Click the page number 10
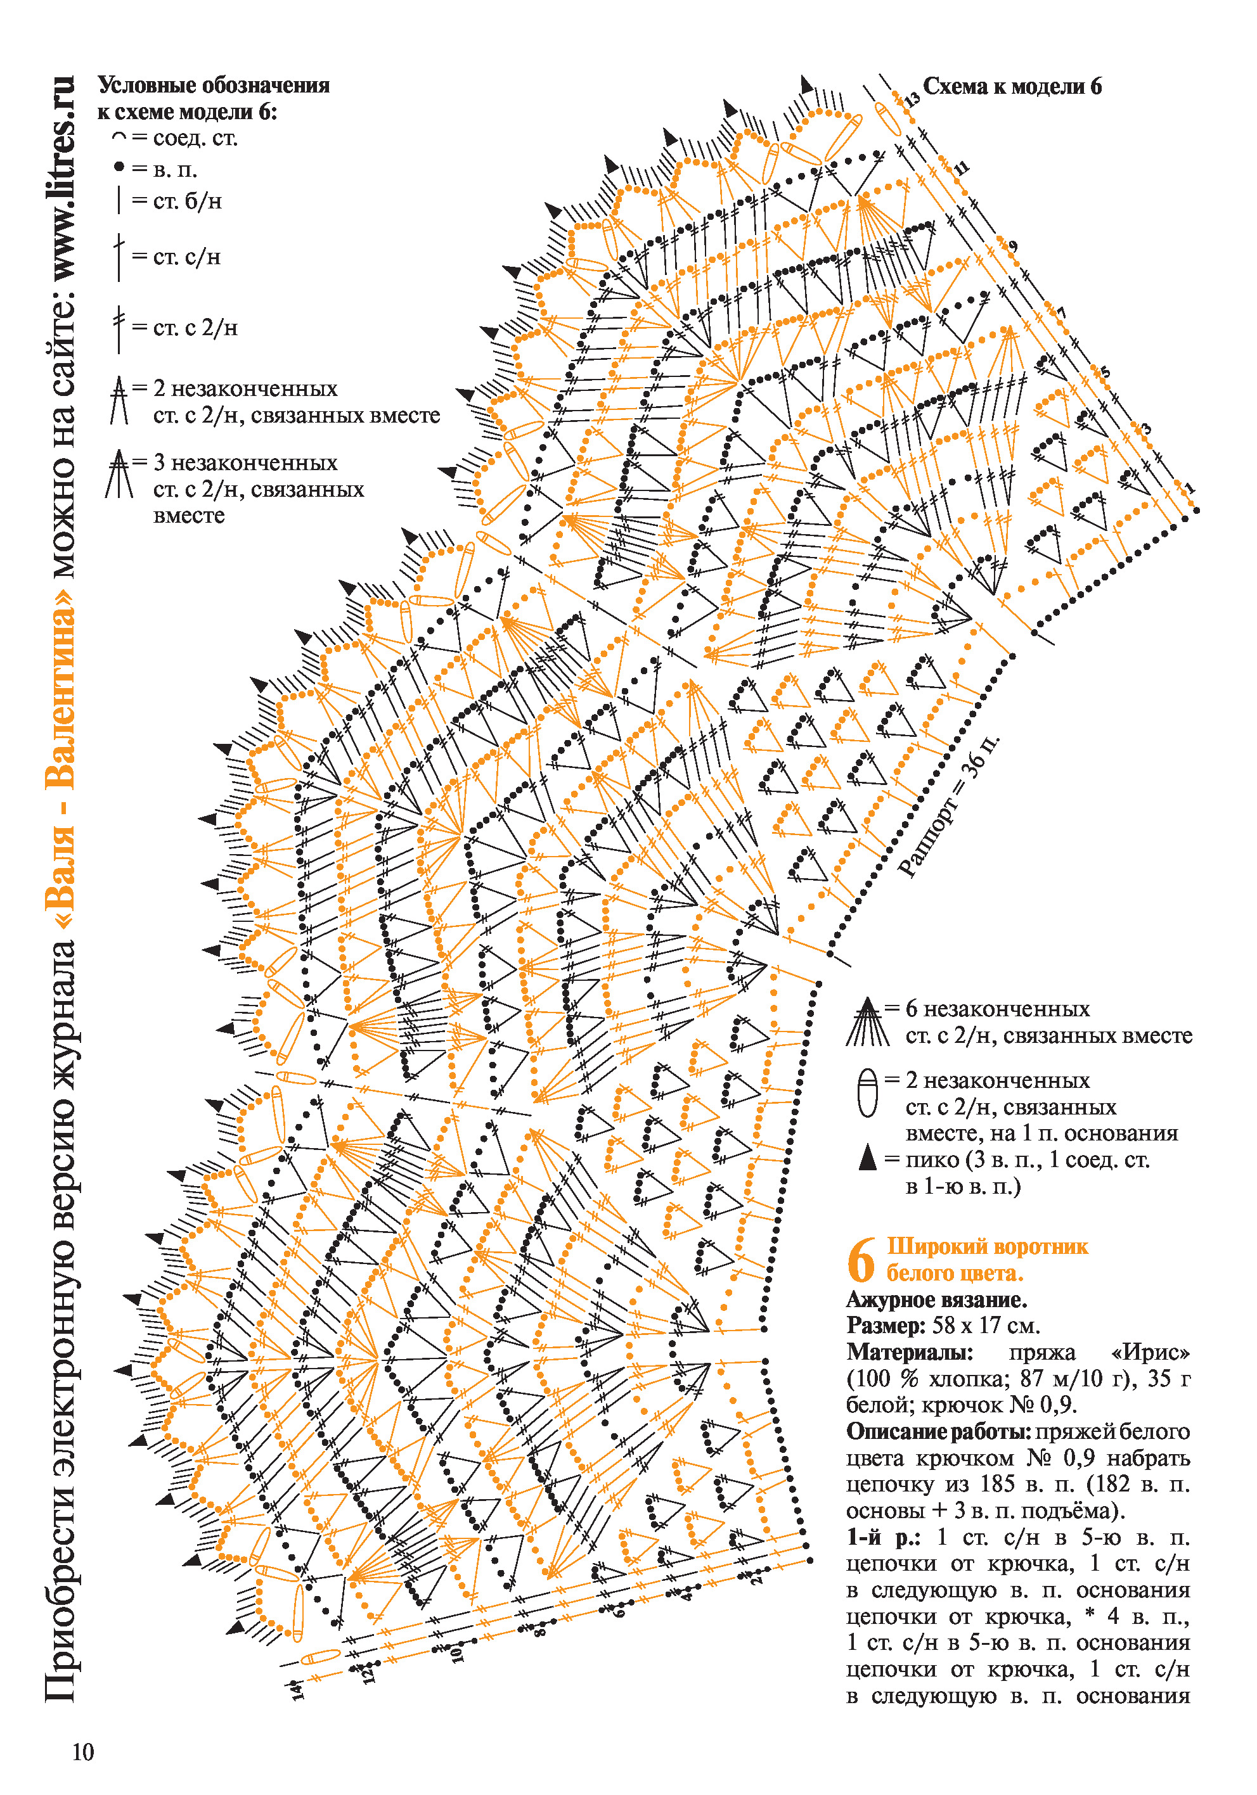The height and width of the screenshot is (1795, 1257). click(x=83, y=1752)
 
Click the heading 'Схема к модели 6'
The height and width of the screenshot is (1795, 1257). click(x=1012, y=87)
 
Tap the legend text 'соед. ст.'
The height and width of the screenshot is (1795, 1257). click(x=195, y=138)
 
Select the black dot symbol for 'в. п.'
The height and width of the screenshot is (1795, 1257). click(x=119, y=167)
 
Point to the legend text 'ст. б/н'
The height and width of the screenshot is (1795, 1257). click(x=188, y=201)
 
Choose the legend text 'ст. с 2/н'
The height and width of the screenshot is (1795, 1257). click(x=195, y=327)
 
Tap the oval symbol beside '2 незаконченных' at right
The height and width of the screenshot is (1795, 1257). click(x=867, y=1092)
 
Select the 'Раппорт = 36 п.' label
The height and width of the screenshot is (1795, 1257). click(x=949, y=805)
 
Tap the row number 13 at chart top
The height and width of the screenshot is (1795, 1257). click(x=912, y=100)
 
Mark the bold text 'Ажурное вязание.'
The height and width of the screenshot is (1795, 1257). click(x=936, y=1300)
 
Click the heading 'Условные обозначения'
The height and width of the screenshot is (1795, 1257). click(x=214, y=85)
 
